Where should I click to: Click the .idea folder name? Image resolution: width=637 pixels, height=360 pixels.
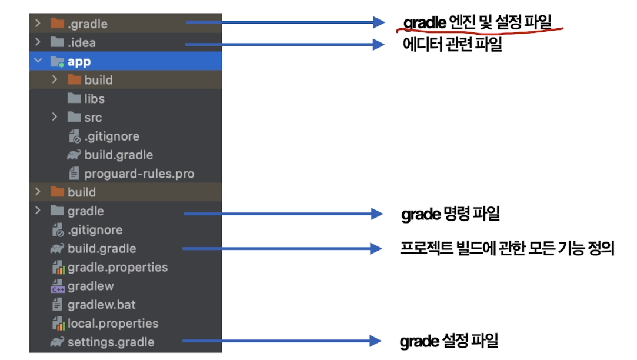pyautogui.click(x=81, y=43)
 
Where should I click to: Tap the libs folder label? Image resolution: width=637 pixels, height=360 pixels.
pyautogui.click(x=94, y=99)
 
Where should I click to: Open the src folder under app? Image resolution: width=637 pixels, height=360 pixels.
pyautogui.click(x=92, y=118)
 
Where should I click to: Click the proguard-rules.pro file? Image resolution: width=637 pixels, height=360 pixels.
pyautogui.click(x=139, y=174)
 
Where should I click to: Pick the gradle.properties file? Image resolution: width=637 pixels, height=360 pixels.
pyautogui.click(x=117, y=268)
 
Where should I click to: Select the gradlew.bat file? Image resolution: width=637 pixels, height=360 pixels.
pyautogui.click(x=101, y=305)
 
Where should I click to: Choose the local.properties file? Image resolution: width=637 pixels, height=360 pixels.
pyautogui.click(x=112, y=324)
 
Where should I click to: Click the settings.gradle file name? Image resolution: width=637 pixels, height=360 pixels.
pyautogui.click(x=111, y=342)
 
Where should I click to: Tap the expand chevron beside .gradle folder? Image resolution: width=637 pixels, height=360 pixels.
pyautogui.click(x=38, y=24)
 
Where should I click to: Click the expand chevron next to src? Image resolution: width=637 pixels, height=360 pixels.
pyautogui.click(x=55, y=118)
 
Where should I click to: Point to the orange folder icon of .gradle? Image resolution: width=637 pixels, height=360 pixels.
pyautogui.click(x=57, y=24)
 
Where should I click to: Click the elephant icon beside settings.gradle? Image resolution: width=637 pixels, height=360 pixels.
pyautogui.click(x=57, y=342)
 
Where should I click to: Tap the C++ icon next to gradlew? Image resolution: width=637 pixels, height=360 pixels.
pyautogui.click(x=58, y=286)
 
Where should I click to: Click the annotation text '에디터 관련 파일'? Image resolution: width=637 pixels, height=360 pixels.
pyautogui.click(x=451, y=45)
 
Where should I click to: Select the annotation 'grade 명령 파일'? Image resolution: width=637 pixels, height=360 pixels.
pyautogui.click(x=451, y=214)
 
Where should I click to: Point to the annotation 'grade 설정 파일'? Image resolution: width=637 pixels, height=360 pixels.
pyautogui.click(x=449, y=341)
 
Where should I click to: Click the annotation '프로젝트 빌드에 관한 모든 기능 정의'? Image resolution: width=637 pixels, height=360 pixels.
pyautogui.click(x=507, y=249)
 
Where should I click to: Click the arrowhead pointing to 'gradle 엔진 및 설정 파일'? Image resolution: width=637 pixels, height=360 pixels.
pyautogui.click(x=379, y=23)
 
